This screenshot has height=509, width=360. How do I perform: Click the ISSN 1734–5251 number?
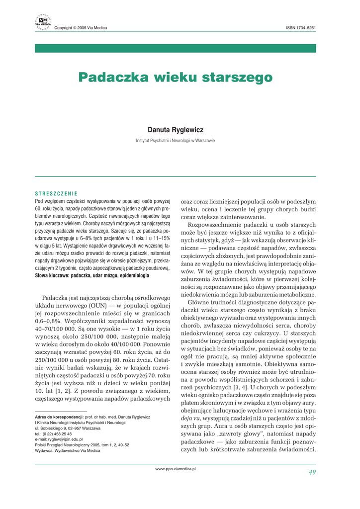pyautogui.click(x=301, y=28)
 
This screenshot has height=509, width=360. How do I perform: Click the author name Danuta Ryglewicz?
pyautogui.click(x=176, y=130)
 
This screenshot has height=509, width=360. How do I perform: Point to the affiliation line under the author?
pyautogui.click(x=176, y=141)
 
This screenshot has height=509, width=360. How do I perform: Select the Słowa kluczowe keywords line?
pyautogui.click(x=92, y=275)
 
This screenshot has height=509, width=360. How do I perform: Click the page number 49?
pyautogui.click(x=312, y=472)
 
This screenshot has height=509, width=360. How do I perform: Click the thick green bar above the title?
pyautogui.click(x=176, y=48)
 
